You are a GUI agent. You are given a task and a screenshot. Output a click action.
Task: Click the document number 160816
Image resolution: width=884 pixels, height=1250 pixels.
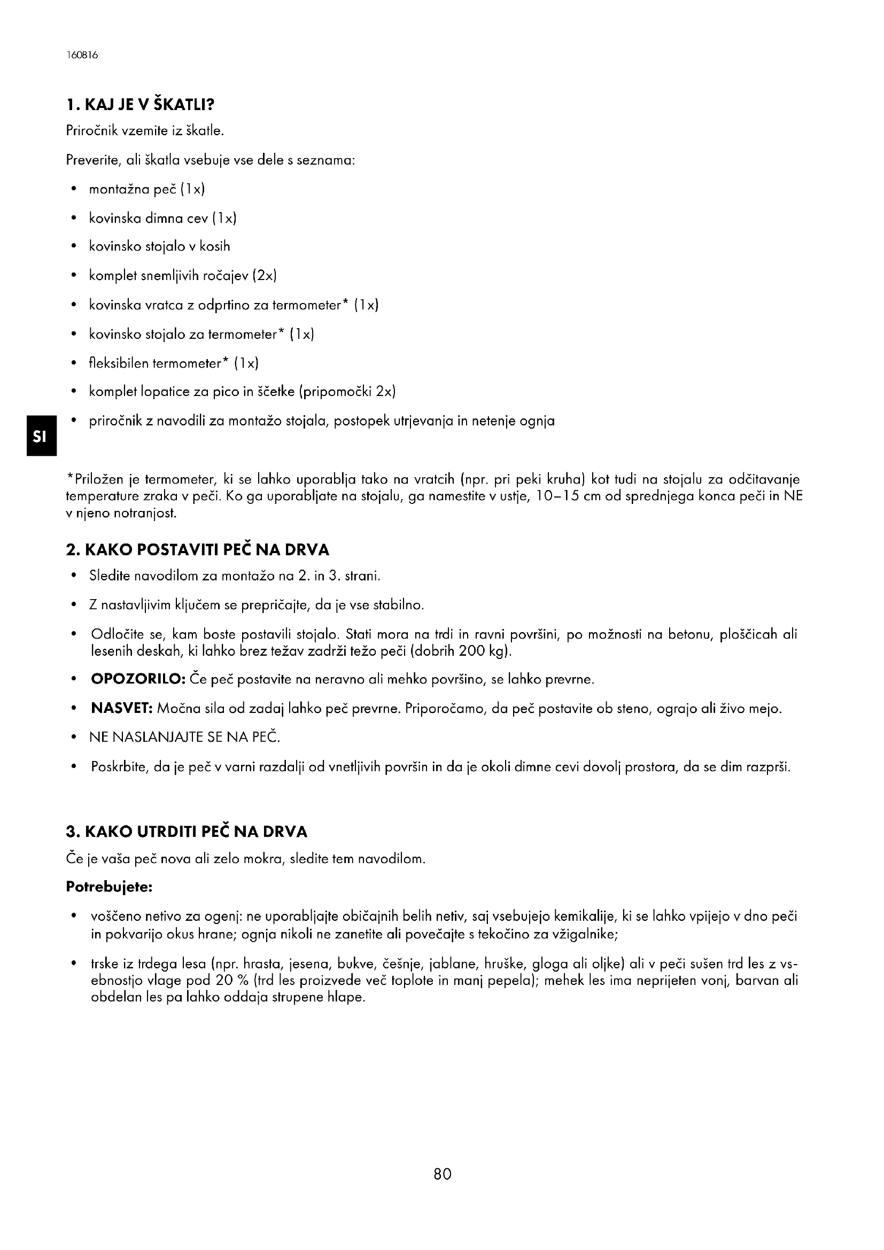click(x=82, y=56)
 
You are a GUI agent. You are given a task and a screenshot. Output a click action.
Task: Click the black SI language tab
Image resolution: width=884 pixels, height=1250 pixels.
click(x=40, y=436)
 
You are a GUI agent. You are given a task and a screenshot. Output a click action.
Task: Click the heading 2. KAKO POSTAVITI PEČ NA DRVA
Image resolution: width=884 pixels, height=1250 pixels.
click(x=198, y=550)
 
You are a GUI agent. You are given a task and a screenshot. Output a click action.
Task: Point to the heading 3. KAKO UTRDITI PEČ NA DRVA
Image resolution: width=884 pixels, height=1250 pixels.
click(x=187, y=832)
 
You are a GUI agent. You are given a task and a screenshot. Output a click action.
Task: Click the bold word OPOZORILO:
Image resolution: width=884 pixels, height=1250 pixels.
click(x=139, y=679)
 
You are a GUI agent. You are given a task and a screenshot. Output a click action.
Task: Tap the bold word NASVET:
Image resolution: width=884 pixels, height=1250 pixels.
click(x=122, y=709)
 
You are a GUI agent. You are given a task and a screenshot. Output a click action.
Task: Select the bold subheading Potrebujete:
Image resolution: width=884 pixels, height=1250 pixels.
click(x=109, y=887)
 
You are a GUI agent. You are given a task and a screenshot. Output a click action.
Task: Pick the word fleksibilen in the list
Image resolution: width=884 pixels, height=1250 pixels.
click(x=119, y=363)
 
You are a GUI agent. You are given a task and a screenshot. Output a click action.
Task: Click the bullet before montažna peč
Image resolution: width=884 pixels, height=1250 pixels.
click(x=73, y=190)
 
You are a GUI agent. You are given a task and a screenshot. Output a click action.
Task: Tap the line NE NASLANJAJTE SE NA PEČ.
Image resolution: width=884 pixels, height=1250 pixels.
click(x=185, y=737)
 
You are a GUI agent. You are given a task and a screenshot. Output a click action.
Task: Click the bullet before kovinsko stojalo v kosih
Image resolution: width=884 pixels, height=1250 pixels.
click(x=73, y=247)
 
